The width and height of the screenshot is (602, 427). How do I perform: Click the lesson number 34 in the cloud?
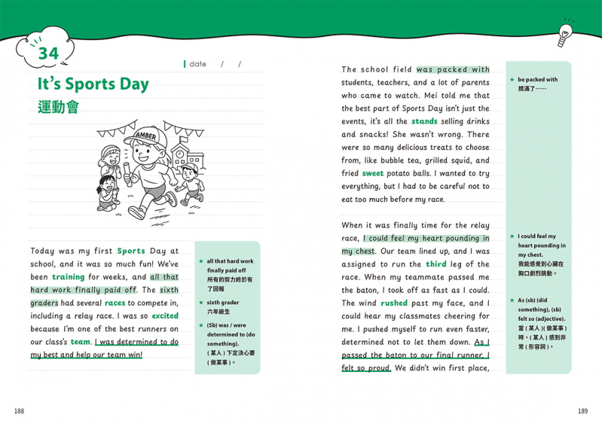click(x=47, y=53)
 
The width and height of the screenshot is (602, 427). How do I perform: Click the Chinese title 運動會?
click(x=58, y=107)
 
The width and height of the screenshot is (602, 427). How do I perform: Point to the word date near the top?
click(x=198, y=64)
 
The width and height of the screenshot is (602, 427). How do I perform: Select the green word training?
click(x=68, y=277)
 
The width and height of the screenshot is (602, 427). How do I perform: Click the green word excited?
click(x=165, y=316)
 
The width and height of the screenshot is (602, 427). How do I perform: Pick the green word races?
click(x=115, y=303)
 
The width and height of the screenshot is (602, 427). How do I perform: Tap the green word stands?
click(x=424, y=121)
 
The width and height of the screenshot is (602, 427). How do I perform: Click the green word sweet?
click(x=372, y=173)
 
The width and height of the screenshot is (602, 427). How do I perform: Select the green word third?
click(x=435, y=264)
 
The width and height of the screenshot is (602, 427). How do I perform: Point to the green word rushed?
click(x=393, y=303)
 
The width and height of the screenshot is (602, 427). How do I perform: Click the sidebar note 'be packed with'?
click(x=537, y=80)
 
